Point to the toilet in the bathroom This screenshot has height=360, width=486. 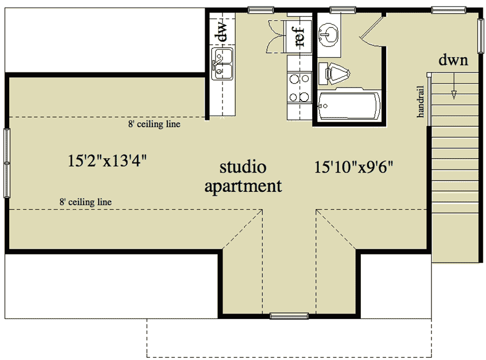[335, 74]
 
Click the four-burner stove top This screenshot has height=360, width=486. [299, 88]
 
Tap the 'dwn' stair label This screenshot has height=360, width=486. [453, 61]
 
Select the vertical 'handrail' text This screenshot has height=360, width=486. [420, 102]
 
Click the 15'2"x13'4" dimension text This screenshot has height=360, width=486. [108, 161]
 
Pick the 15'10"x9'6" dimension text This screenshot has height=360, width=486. [354, 167]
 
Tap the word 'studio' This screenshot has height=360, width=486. [243, 166]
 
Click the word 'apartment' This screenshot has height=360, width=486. [243, 187]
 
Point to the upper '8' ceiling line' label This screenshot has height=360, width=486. [154, 124]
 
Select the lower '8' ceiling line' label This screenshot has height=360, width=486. [85, 202]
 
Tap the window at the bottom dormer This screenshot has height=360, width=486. [289, 316]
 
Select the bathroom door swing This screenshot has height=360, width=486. [372, 30]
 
